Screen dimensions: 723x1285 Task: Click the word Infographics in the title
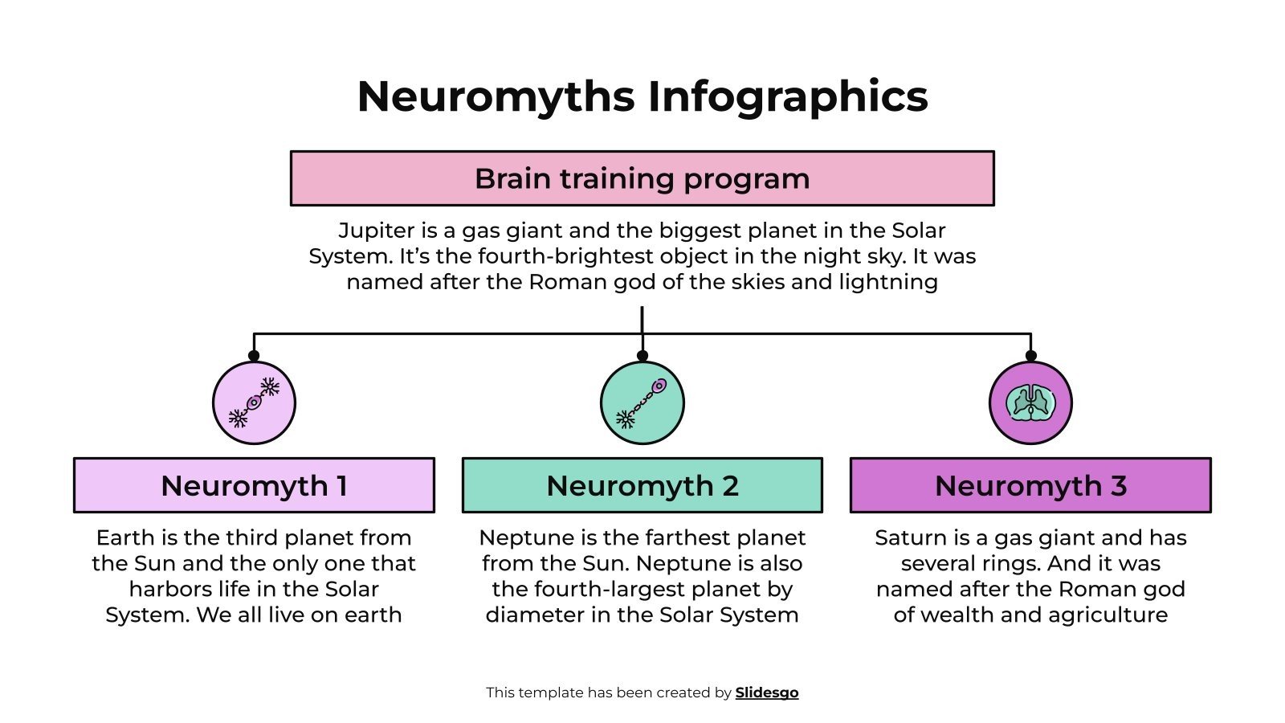coord(788,96)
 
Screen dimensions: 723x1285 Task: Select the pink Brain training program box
coord(642,178)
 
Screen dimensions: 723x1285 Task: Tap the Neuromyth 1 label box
coord(254,485)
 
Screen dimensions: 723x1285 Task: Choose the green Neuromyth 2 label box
coord(642,485)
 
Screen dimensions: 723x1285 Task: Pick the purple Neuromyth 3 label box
coord(1030,485)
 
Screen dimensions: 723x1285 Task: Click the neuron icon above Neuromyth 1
coord(254,402)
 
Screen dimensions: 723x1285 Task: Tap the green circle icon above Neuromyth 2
coord(642,402)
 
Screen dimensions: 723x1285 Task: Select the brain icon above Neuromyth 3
coord(1030,402)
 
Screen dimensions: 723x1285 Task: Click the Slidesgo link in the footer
coord(766,692)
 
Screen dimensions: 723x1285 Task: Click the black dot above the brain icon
coord(1030,355)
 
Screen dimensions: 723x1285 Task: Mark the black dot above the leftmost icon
coord(254,355)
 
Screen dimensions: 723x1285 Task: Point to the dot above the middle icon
coord(642,355)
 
